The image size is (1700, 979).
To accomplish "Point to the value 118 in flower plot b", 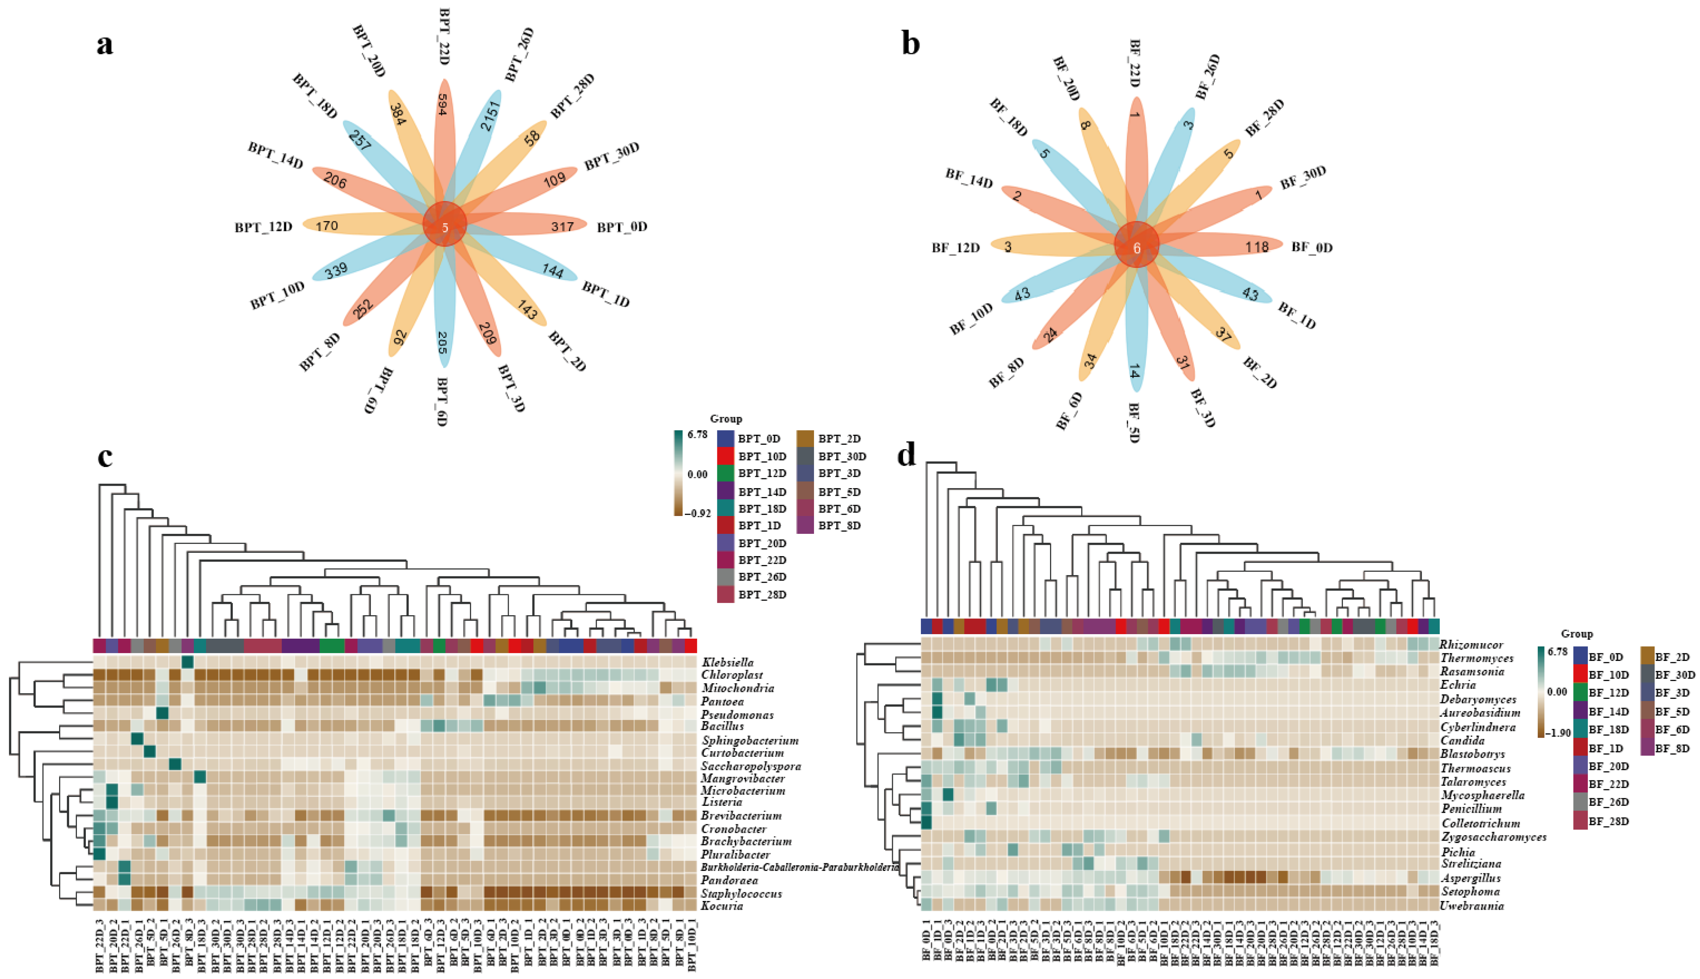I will point(1256,247).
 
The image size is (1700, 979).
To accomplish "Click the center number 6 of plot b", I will point(1137,248).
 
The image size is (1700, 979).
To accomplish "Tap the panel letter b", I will point(911,45).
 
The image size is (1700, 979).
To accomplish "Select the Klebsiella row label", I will point(728,662).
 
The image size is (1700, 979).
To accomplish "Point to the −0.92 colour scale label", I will point(699,513).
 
